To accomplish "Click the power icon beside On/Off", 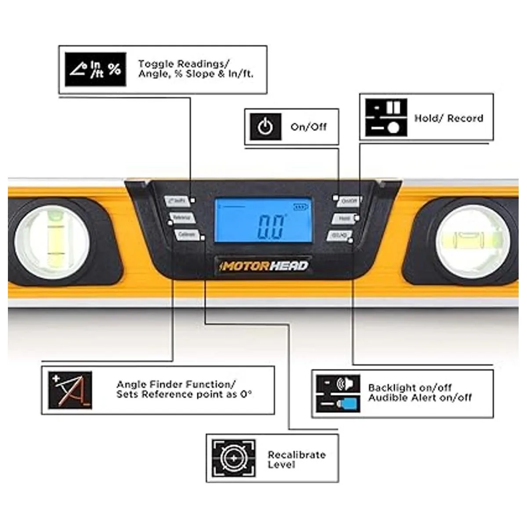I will (265, 127).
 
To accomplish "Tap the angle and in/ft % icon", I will (95, 69).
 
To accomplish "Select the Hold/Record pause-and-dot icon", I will (386, 118).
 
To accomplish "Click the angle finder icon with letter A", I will (70, 390).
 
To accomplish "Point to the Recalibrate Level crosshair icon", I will (233, 458).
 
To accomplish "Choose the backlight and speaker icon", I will (338, 393).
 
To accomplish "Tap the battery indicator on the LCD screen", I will (301, 207).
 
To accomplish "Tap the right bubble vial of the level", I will (473, 241).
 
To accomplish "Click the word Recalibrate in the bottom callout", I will (296, 455).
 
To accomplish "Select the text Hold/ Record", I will (448, 118).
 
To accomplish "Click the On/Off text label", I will (308, 127).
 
